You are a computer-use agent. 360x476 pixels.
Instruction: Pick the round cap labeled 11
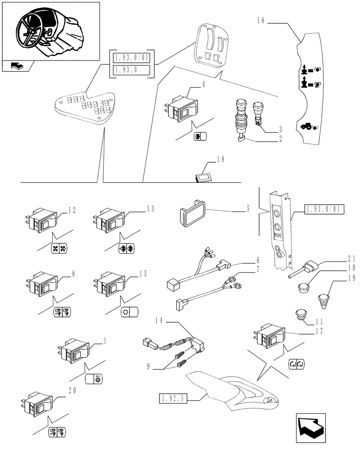300,315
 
